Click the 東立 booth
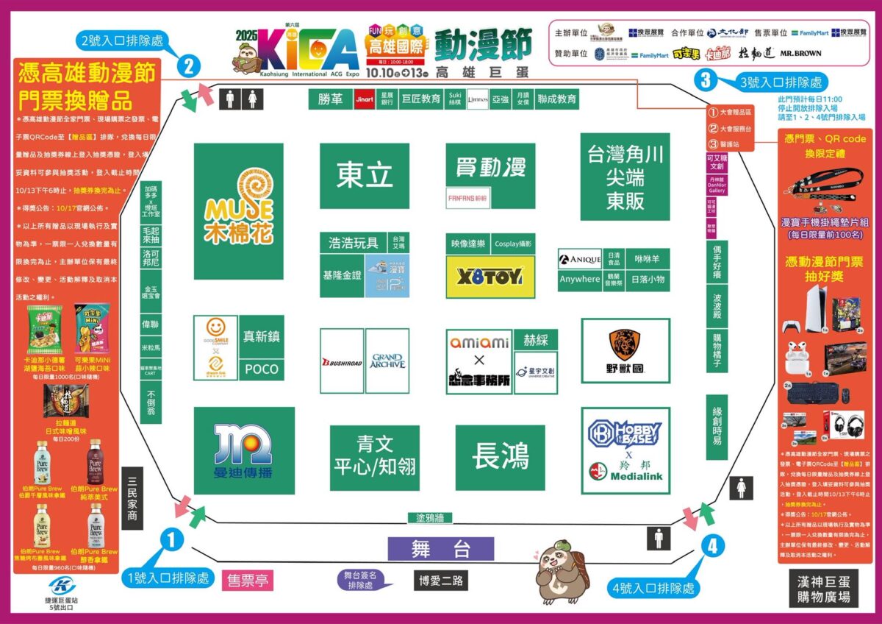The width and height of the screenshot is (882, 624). (x=364, y=176)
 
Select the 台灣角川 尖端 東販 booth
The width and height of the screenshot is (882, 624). (x=625, y=177)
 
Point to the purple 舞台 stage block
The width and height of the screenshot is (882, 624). (x=440, y=549)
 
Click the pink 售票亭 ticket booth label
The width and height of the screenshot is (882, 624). (x=248, y=581)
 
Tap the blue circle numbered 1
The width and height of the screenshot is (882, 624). (x=171, y=541)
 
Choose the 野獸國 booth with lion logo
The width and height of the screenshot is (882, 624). (x=625, y=352)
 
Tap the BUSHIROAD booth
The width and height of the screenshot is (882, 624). (x=342, y=361)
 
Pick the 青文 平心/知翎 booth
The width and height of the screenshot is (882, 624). (x=374, y=456)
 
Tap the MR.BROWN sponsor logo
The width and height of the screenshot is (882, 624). (x=800, y=53)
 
